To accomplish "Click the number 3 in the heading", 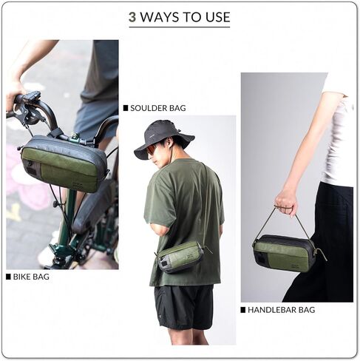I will coord(132,17).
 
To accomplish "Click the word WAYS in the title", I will coord(160,17).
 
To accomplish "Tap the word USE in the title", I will coord(216,17).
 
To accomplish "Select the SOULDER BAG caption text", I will coord(157,108).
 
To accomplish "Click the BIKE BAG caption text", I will coord(32,277).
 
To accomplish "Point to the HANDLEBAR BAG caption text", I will coord(281,310).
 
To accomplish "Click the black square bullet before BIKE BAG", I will coord(8,277).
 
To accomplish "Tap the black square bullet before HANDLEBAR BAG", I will coord(242,310).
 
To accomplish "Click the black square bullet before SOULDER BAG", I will coord(126,108).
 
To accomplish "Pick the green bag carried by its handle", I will coord(285,254).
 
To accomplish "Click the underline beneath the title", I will coord(179,27).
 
